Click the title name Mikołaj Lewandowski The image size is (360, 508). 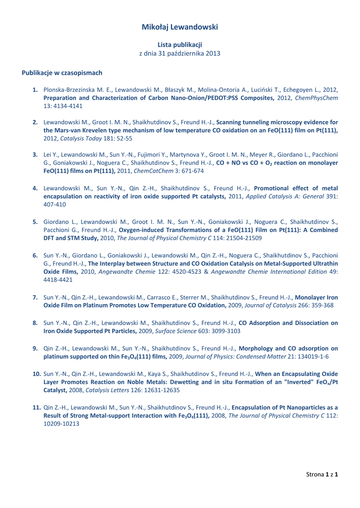pyautogui.click(x=180, y=27)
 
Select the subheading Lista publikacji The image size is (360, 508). pyautogui.click(x=180, y=45)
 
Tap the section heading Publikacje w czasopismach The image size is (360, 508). pyautogui.click(x=62, y=73)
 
